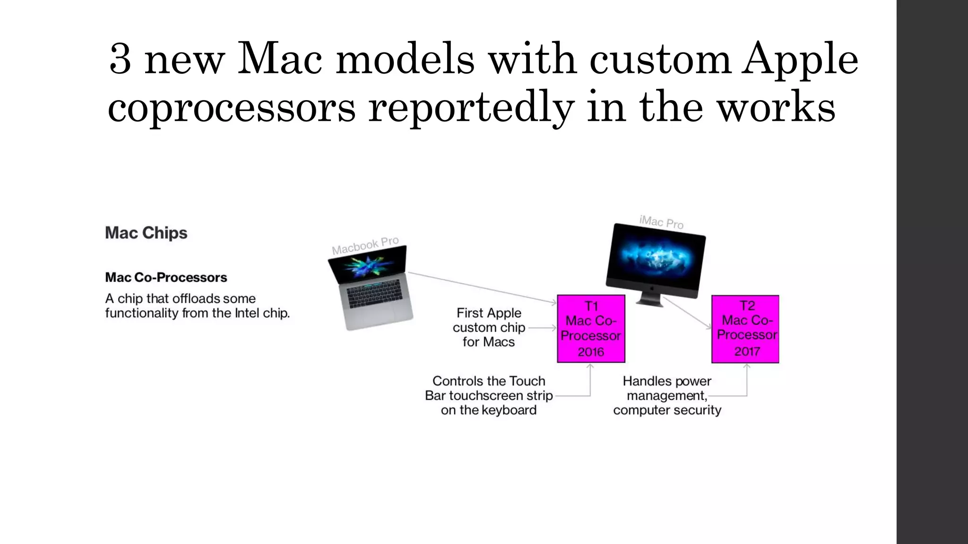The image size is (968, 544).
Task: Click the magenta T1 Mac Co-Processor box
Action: [x=591, y=329]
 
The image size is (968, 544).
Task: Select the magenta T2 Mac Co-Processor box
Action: [x=745, y=329]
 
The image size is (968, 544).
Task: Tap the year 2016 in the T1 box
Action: [x=591, y=352]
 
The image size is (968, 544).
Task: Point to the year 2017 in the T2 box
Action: [x=747, y=351]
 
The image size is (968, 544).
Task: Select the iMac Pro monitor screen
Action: [x=656, y=257]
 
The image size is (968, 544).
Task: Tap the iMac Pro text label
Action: [x=661, y=222]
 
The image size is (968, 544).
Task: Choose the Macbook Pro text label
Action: [x=365, y=246]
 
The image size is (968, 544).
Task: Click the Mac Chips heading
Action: [x=146, y=233]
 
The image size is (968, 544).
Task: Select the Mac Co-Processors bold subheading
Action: [x=166, y=277]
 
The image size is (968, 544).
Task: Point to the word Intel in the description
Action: [x=248, y=313]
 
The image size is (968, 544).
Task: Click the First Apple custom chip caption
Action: [x=489, y=327]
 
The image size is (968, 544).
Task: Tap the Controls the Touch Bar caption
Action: [x=489, y=395]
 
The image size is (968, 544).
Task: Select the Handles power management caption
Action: [x=667, y=395]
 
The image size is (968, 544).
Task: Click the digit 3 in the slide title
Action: [x=120, y=59]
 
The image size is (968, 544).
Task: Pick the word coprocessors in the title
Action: [x=232, y=108]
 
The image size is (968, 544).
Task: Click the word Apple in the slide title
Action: [x=799, y=59]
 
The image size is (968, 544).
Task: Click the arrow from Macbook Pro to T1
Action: [x=482, y=287]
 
